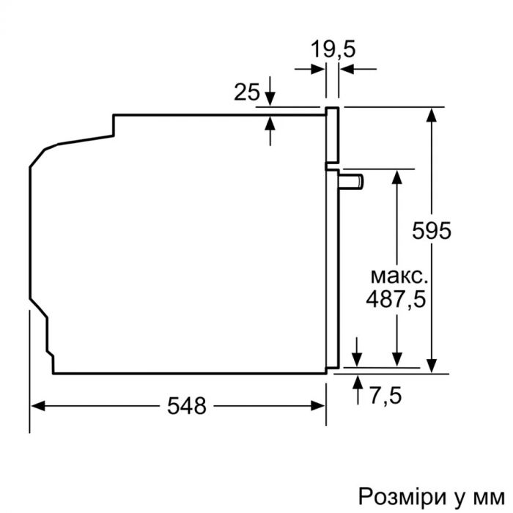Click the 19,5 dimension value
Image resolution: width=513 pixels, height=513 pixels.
(x=332, y=50)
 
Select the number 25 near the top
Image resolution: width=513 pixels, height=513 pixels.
(x=247, y=92)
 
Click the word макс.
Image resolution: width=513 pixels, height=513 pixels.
(x=396, y=276)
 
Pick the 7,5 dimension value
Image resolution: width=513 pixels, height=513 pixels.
(x=385, y=396)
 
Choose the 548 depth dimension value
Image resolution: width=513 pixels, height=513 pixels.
(x=185, y=405)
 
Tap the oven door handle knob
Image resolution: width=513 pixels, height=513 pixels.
(x=355, y=180)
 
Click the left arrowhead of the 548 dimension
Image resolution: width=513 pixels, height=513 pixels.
(x=36, y=405)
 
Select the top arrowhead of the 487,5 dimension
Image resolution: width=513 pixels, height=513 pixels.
(x=396, y=177)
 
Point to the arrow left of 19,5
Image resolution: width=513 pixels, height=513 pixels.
(x=319, y=70)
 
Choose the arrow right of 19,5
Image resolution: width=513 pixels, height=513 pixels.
(x=347, y=70)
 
